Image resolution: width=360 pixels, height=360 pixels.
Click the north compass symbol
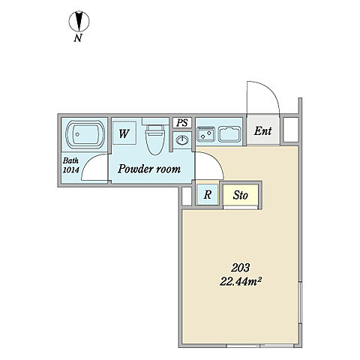coord(79,21)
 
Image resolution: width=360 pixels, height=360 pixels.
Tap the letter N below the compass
coord(78,38)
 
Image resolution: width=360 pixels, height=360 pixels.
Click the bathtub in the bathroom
coord(85,134)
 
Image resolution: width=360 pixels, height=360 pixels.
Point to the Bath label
coord(70,160)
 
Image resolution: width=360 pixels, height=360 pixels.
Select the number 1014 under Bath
coord(70,170)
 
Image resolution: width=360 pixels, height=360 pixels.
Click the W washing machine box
coord(124,133)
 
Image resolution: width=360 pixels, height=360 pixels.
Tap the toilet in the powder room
coord(155,139)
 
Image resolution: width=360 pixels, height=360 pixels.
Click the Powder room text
coord(149,169)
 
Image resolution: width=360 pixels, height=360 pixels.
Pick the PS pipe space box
coord(182,123)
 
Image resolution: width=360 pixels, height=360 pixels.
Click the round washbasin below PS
coord(182,140)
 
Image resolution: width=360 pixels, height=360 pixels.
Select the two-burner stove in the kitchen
coord(206,134)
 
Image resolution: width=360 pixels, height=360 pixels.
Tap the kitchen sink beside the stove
coord(229,134)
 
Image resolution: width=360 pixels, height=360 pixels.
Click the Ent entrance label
coord(262,131)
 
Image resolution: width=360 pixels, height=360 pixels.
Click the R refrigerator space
coord(208,194)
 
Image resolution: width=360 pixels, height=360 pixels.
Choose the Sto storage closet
coord(240,195)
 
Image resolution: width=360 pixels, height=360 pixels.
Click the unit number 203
coord(240,268)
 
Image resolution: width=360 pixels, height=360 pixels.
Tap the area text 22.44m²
coord(241,282)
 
